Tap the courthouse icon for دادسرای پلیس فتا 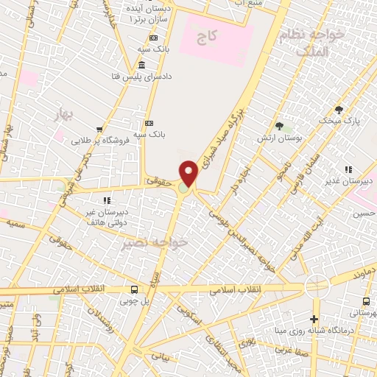click(141, 66)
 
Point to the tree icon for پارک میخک click(339, 109)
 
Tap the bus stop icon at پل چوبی click(133, 289)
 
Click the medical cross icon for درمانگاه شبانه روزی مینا click(314, 319)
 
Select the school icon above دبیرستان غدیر click(348, 169)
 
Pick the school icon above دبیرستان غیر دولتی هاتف click(107, 199)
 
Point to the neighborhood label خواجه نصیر click(155, 242)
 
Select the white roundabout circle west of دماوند click(317, 286)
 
